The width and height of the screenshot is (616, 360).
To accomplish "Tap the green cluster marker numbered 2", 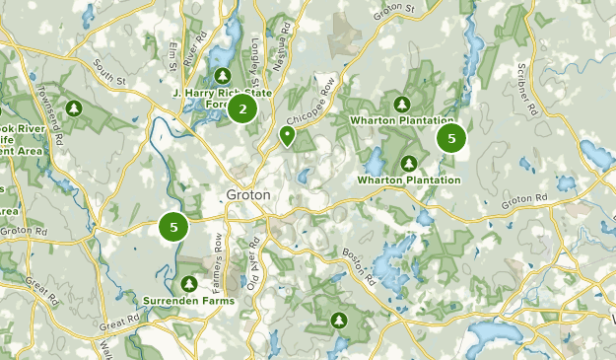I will (x=241, y=108).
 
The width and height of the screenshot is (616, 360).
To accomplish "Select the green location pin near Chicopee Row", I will (x=287, y=134).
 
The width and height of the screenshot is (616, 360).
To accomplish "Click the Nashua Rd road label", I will (x=286, y=42).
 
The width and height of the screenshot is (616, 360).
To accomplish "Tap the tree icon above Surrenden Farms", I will (x=187, y=283).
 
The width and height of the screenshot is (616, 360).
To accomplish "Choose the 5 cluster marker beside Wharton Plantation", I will (x=451, y=139).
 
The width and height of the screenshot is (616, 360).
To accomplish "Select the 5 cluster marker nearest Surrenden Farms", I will (x=173, y=227).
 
